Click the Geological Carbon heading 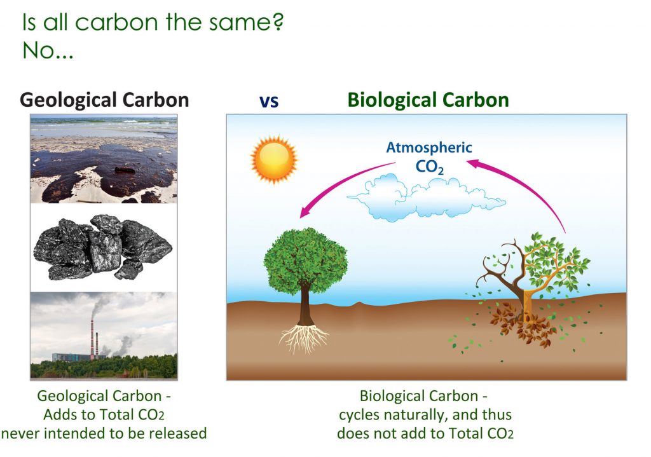pyautogui.click(x=104, y=100)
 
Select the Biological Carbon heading pyautogui.click(x=428, y=100)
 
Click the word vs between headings pyautogui.click(x=269, y=101)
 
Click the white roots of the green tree pyautogui.click(x=305, y=338)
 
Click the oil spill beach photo pyautogui.click(x=104, y=159)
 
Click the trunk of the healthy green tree pyautogui.click(x=305, y=305)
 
